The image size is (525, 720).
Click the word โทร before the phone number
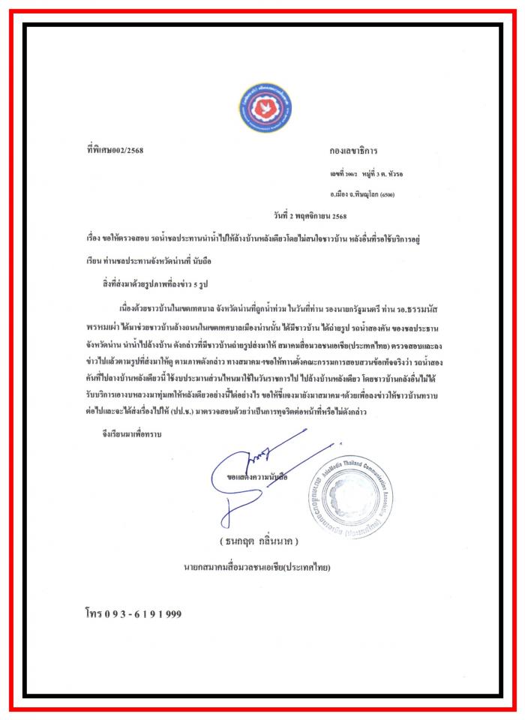(x=94, y=613)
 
